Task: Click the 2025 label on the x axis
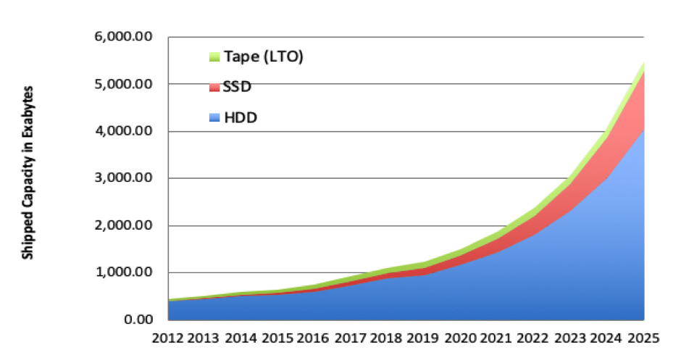pos(643,338)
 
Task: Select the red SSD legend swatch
pos(214,86)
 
